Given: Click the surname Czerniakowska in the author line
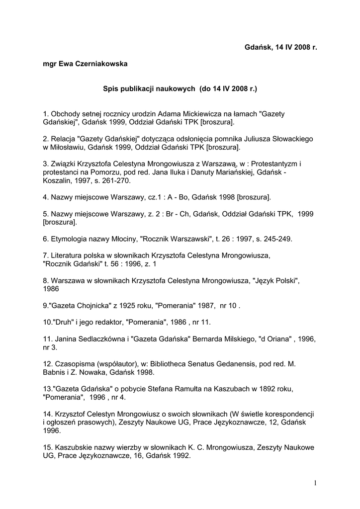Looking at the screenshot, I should tap(103, 64).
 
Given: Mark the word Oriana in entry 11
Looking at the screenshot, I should tap(276, 339).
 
